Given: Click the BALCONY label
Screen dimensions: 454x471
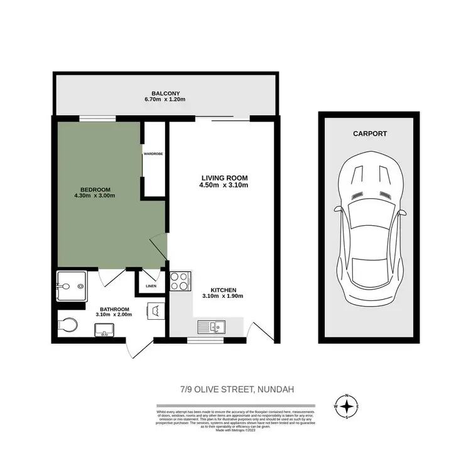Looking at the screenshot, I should [x=166, y=93].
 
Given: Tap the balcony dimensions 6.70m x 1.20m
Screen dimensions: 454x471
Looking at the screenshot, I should [x=166, y=100].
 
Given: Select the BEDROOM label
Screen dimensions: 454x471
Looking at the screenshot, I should [x=95, y=190].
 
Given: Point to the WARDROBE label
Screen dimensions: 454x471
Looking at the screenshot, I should [x=153, y=153].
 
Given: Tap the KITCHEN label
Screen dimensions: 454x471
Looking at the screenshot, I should [x=222, y=290].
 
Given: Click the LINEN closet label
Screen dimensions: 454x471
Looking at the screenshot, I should [x=151, y=287].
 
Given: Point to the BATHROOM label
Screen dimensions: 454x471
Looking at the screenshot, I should [x=112, y=309].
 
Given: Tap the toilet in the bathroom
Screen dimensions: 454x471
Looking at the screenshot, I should [x=65, y=324].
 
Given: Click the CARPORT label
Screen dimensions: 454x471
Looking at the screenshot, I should [x=369, y=134].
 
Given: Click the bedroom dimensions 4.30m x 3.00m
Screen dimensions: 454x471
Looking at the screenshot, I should [x=94, y=197].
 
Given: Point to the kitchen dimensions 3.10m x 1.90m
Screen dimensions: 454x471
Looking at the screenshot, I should [x=222, y=297].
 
